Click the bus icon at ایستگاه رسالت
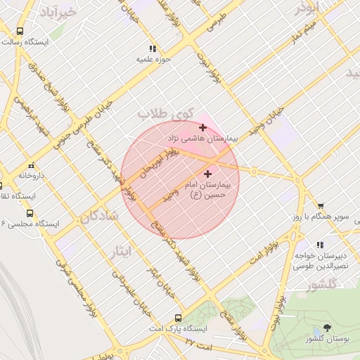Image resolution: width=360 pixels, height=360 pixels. point(20,32)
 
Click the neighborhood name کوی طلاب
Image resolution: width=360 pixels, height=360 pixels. point(165,112)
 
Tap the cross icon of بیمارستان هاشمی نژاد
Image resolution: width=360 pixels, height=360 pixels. point(203,127)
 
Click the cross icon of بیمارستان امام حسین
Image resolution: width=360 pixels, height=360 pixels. point(207,173)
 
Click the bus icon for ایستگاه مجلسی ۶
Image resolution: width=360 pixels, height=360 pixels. point(29,212)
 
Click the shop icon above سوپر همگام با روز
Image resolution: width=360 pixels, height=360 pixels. point(321,206)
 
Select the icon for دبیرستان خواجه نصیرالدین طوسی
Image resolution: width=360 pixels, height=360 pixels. point(321,245)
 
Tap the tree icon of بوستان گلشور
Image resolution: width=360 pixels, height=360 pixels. point(327,328)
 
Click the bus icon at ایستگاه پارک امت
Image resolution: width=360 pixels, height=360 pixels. point(178,318)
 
